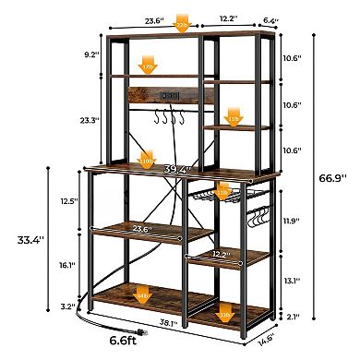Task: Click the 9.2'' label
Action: [x=90, y=54]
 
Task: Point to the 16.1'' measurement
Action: [x=66, y=265]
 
